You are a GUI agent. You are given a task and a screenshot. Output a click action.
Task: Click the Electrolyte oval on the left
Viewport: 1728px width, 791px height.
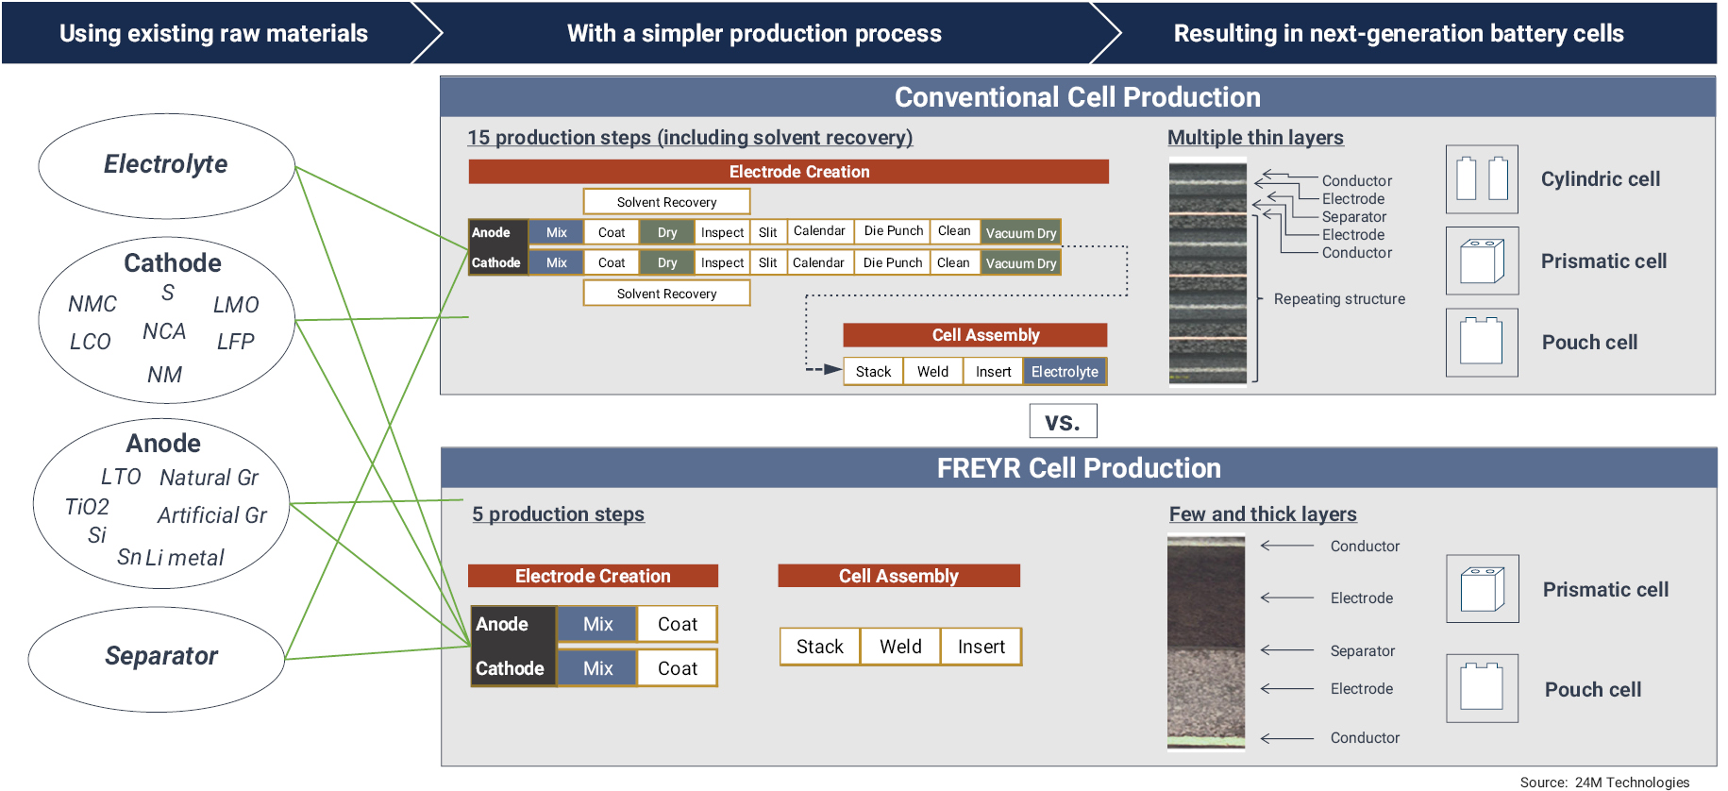pyautogui.click(x=166, y=165)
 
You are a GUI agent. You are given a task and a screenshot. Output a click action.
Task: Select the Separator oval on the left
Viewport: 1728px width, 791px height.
pyautogui.click(x=158, y=657)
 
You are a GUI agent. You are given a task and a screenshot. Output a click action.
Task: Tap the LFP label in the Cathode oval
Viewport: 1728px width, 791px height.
pyautogui.click(x=235, y=342)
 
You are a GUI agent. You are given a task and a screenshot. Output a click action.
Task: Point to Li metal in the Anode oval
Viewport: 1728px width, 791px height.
pyautogui.click(x=185, y=558)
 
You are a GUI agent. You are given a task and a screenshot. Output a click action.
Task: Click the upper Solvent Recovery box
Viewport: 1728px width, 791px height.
pyautogui.click(x=666, y=202)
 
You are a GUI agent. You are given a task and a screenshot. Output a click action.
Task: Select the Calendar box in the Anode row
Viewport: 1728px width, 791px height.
pyautogui.click(x=819, y=231)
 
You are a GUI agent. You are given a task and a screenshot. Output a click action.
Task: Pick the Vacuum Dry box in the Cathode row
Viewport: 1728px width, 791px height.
pyautogui.click(x=1020, y=263)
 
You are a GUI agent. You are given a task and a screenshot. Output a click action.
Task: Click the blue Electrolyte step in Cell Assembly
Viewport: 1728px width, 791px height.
pyautogui.click(x=1065, y=372)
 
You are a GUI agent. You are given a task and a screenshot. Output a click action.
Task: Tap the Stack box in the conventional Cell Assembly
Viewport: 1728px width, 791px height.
pyautogui.click(x=873, y=372)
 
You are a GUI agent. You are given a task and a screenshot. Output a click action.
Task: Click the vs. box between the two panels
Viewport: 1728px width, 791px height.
pyautogui.click(x=1063, y=421)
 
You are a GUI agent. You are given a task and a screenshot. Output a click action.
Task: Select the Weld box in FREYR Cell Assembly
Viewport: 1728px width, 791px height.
pyautogui.click(x=900, y=647)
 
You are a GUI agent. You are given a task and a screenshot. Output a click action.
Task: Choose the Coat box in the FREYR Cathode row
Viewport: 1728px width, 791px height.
pyautogui.click(x=677, y=668)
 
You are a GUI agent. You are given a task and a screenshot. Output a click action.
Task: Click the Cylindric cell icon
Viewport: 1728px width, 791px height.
pyautogui.click(x=1482, y=179)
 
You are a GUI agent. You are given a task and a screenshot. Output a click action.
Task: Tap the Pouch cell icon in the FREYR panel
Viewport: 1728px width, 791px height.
pyautogui.click(x=1482, y=688)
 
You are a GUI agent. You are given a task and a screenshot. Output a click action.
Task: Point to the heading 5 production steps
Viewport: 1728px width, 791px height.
pyautogui.click(x=558, y=514)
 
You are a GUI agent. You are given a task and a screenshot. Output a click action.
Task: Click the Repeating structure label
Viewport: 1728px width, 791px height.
pyautogui.click(x=1338, y=299)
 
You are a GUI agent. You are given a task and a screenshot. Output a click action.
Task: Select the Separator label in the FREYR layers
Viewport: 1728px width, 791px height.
pyautogui.click(x=1362, y=651)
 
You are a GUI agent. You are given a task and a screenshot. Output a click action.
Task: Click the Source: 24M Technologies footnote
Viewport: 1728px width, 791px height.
pyautogui.click(x=1603, y=782)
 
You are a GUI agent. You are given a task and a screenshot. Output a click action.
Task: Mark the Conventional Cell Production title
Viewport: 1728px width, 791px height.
pyautogui.click(x=1077, y=97)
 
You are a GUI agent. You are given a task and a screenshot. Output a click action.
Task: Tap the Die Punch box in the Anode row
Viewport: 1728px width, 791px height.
pyautogui.click(x=893, y=231)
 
